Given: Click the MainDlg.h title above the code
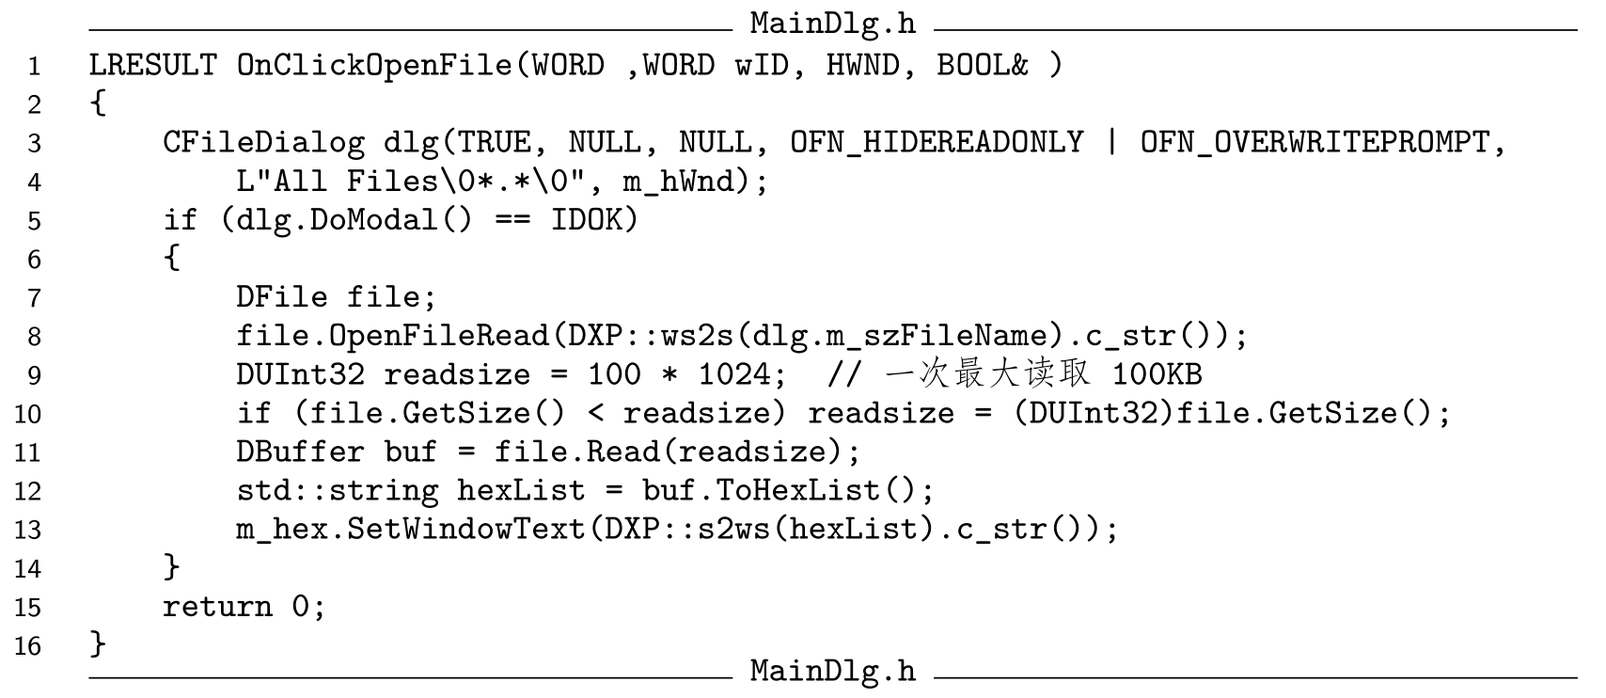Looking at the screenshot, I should (x=832, y=23).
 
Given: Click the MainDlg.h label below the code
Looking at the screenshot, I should (x=832, y=671).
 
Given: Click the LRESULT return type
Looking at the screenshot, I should (x=153, y=65).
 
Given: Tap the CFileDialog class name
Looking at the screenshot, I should (x=263, y=142).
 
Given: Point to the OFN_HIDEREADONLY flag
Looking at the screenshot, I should (x=937, y=142).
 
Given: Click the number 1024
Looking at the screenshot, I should (x=733, y=374).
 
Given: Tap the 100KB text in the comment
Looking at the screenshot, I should (x=1157, y=374).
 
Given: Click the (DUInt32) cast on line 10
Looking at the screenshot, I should (x=1094, y=413).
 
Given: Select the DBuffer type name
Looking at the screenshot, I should (x=300, y=452).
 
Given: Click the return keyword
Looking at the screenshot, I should (x=217, y=607).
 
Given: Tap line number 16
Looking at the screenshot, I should (x=27, y=645).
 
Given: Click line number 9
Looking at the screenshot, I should (x=35, y=375).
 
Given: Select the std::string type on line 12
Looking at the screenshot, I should (x=337, y=490).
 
